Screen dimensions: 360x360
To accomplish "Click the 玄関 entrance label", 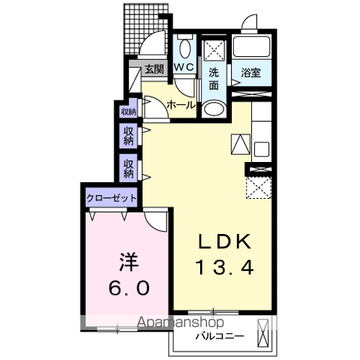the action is tap(154, 69).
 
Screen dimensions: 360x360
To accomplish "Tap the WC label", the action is tap(184, 67).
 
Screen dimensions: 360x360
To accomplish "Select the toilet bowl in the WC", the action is tap(185, 48).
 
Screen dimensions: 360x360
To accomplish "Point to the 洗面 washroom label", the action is tap(214, 79).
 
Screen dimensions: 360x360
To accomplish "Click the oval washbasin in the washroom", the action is tap(214, 109).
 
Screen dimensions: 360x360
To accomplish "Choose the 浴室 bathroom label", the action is tap(251, 73).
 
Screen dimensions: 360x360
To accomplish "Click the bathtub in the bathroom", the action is tap(251, 46).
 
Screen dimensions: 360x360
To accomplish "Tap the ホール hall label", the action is tap(181, 105).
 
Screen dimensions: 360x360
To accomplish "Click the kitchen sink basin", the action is tap(262, 149).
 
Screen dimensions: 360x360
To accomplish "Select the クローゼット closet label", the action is tap(111, 198).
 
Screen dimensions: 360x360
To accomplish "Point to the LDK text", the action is tap(224, 241).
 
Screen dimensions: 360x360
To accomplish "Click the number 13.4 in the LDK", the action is tap(225, 267).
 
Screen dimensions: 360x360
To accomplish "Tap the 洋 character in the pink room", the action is tap(129, 262).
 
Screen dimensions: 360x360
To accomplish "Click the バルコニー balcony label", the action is tap(219, 336).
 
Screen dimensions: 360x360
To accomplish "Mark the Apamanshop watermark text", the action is tap(181, 322).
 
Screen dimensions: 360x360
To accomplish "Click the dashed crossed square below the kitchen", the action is tap(259, 187).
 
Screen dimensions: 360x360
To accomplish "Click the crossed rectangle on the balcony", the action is tap(262, 333).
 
